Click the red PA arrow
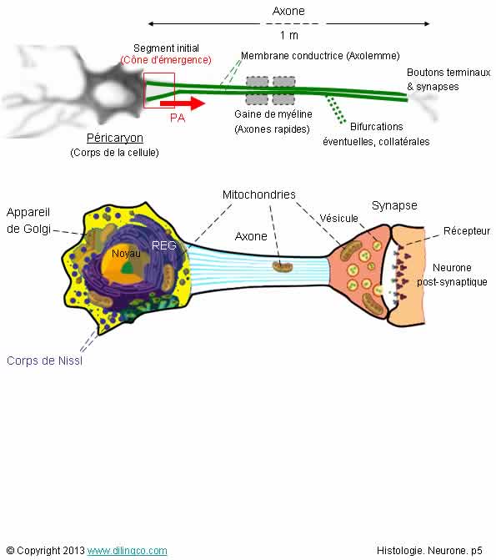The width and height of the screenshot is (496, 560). tap(183, 103)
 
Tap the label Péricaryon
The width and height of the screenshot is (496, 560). tap(115, 138)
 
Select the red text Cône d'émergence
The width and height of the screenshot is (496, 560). tap(166, 59)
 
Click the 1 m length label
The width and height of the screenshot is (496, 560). tap(289, 35)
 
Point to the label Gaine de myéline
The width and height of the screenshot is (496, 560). tap(273, 114)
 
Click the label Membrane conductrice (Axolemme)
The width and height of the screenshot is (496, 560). tap(320, 56)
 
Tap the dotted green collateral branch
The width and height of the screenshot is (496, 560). tap(336, 109)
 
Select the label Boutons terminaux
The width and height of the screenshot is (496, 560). tap(448, 73)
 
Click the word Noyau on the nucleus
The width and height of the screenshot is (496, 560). tap(126, 254)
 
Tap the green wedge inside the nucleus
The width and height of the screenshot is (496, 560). tap(128, 268)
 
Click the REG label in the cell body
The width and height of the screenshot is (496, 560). tap(163, 245)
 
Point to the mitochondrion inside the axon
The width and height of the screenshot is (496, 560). tap(283, 266)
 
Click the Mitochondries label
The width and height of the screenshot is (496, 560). tap(259, 194)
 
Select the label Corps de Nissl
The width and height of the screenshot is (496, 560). tap(45, 361)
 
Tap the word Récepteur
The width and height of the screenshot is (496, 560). tap(467, 230)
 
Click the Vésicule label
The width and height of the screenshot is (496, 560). tap(338, 218)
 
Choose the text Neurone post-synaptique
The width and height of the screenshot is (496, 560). tap(452, 275)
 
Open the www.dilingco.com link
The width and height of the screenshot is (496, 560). tap(127, 551)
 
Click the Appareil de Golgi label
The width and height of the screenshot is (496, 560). tap(28, 220)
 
